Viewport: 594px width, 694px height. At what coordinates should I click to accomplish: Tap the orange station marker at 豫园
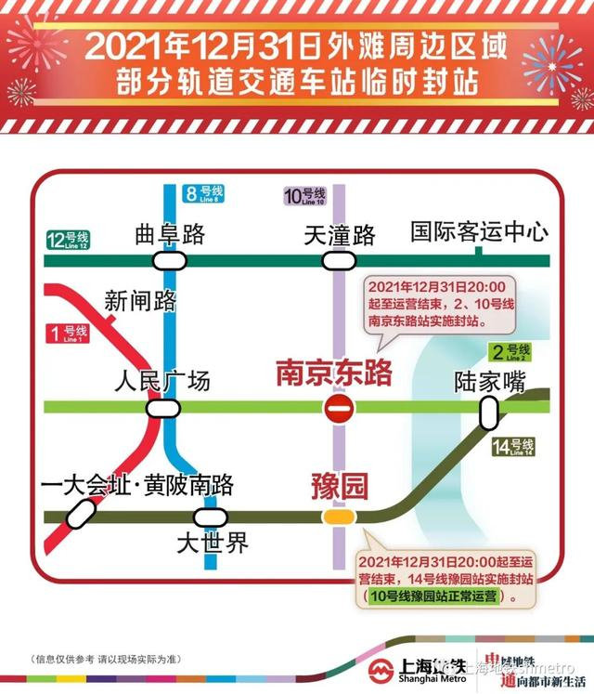tap(337, 517)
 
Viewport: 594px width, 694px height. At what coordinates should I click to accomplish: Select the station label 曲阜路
tap(169, 235)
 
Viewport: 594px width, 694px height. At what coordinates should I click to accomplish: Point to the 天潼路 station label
tap(340, 235)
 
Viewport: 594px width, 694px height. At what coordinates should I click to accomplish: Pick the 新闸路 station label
tap(140, 300)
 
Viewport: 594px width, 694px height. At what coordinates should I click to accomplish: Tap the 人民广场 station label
tap(161, 381)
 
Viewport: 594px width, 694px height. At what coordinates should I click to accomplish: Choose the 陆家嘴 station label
tap(490, 381)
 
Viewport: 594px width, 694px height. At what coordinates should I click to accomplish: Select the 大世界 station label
tap(213, 543)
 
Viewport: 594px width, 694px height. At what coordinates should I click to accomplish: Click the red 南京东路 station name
tap(334, 373)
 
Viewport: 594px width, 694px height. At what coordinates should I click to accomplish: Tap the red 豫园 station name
tap(339, 485)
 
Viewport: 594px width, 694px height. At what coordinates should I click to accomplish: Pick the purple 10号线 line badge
tap(305, 196)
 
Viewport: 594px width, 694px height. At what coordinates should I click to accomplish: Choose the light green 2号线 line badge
tap(510, 351)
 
